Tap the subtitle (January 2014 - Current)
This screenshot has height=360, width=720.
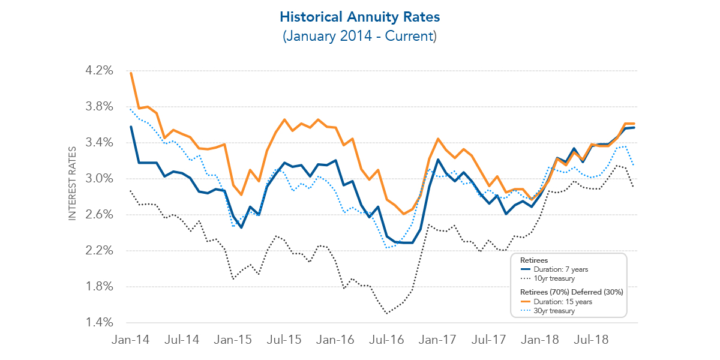[x=360, y=36]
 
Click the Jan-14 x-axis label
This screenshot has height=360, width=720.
[x=130, y=340]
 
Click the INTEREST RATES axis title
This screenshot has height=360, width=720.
[x=73, y=184]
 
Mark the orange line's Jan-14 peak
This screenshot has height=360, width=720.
[x=131, y=73]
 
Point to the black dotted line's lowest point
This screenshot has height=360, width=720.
[x=388, y=313]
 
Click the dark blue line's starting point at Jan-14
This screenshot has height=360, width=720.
[x=131, y=127]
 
